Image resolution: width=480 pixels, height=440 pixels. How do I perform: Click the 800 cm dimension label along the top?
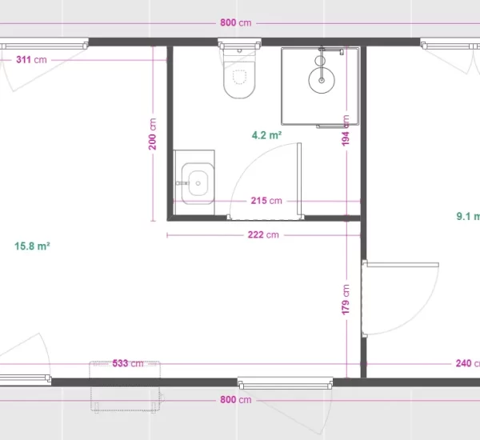pyautogui.click(x=236, y=22)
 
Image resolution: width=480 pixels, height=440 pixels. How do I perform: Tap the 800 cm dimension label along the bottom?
pyautogui.click(x=236, y=399)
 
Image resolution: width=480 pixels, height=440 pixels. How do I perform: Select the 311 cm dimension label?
pyautogui.click(x=31, y=59)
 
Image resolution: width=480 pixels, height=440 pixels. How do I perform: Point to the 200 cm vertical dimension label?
pyautogui.click(x=153, y=134)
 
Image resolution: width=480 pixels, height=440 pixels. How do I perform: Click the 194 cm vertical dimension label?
pyautogui.click(x=346, y=130)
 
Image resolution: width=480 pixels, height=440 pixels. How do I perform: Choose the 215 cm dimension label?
pyautogui.click(x=266, y=201)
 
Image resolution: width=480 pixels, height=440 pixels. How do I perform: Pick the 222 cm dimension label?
pyautogui.click(x=263, y=235)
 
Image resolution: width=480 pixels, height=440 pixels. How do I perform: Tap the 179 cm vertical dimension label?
pyautogui.click(x=346, y=299)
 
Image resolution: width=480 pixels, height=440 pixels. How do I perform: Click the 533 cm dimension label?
pyautogui.click(x=128, y=363)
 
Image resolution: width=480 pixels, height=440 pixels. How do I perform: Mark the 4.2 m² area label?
pyautogui.click(x=266, y=135)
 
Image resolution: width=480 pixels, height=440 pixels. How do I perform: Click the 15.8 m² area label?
pyautogui.click(x=32, y=246)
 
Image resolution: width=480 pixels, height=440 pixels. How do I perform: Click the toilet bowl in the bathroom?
pyautogui.click(x=239, y=80)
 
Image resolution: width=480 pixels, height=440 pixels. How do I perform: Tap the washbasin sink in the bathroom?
pyautogui.click(x=198, y=183)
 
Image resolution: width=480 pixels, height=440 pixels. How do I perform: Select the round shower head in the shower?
pyautogui.click(x=322, y=80)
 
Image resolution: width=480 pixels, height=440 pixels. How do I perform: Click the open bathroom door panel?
pyautogui.click(x=299, y=181)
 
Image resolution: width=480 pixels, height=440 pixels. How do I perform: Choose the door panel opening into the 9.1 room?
pyautogui.click(x=402, y=265)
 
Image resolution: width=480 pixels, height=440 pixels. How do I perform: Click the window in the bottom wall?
pyautogui.click(x=286, y=383)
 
